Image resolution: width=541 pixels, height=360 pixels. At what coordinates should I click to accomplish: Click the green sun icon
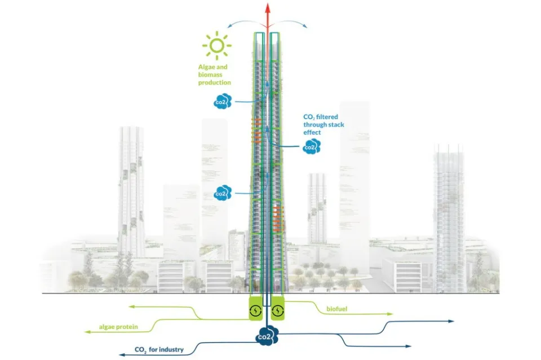pos(218,47)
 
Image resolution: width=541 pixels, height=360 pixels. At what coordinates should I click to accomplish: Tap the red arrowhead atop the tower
pos(268,7)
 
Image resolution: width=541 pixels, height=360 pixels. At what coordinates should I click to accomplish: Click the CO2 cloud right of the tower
pos(309,148)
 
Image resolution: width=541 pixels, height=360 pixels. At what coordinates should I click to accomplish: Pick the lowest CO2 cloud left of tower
pos(223,194)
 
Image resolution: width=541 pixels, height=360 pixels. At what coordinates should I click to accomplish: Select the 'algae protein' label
pos(118,327)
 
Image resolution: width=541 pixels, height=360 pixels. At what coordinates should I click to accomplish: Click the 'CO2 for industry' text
pos(159,350)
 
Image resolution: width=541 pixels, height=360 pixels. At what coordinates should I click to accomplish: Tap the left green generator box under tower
pos(256,310)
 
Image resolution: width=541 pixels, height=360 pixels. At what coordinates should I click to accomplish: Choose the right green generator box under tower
pos(278,310)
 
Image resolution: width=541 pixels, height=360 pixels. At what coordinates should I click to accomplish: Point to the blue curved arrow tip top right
pos(306,26)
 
